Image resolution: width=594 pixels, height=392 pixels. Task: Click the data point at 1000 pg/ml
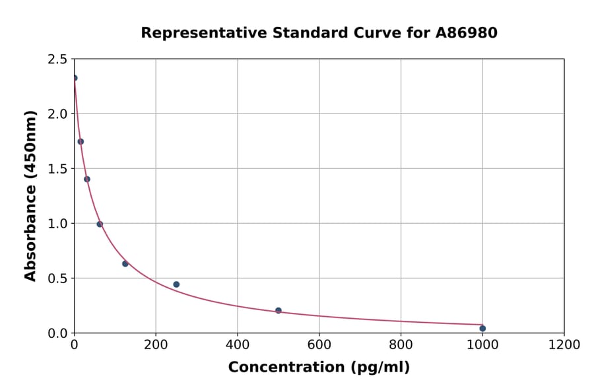(482, 328)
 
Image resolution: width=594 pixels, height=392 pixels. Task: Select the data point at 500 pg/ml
(279, 310)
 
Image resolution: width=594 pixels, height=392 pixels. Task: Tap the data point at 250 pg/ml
(176, 284)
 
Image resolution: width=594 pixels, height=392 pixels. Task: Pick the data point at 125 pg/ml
(125, 263)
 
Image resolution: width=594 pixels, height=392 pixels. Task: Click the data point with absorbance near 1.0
(100, 224)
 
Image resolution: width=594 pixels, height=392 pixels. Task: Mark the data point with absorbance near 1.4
(87, 179)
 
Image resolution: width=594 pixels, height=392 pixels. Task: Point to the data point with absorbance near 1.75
(81, 141)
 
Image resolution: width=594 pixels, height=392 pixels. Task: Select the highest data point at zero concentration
(75, 78)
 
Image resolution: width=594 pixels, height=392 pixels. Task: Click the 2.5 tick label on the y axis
(57, 59)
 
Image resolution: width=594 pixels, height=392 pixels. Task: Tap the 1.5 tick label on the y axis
(57, 169)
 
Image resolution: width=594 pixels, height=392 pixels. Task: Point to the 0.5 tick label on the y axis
(57, 278)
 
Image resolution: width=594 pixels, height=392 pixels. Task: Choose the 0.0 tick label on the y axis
(57, 333)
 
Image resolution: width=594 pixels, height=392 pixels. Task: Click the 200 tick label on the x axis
(156, 344)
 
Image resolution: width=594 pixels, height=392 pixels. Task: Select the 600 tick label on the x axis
(319, 344)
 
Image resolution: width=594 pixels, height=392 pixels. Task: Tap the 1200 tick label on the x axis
(564, 344)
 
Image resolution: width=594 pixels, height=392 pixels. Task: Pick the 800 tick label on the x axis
(401, 344)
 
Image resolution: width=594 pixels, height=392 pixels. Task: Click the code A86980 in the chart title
(467, 32)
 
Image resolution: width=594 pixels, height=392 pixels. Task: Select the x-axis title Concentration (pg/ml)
(319, 368)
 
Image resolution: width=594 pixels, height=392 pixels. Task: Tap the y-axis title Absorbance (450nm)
(30, 195)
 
